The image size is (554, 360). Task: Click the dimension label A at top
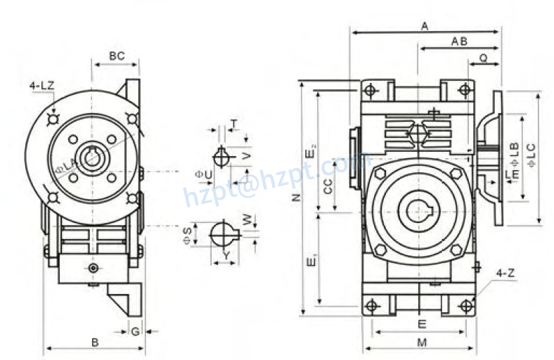tap(425, 26)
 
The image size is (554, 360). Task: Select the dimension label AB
tap(459, 42)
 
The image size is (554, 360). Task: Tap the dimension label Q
tap(483, 57)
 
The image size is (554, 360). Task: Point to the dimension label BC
tap(117, 56)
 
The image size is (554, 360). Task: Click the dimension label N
tap(296, 198)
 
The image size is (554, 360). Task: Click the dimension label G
tap(134, 330)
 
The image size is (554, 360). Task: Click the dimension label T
tap(233, 124)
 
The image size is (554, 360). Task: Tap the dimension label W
tap(245, 219)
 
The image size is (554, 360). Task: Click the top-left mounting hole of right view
tap(372, 90)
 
